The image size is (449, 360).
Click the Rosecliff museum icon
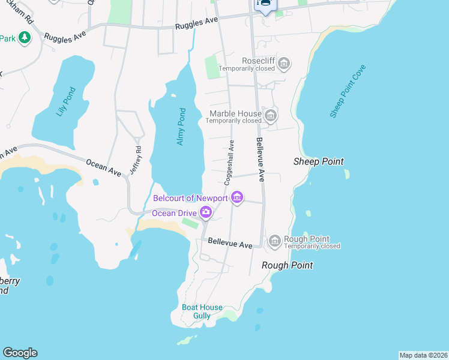click(284, 62)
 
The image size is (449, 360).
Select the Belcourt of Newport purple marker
click(237, 197)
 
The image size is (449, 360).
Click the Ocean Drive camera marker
click(206, 212)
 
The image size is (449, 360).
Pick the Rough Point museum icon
click(274, 241)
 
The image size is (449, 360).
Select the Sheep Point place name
click(318, 161)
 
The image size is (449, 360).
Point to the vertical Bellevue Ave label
click(261, 159)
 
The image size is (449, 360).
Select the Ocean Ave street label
click(103, 167)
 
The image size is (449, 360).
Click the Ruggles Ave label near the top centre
click(196, 23)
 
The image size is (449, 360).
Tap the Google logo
click(20, 353)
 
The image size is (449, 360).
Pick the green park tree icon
click(24, 38)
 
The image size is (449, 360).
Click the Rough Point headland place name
click(288, 265)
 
